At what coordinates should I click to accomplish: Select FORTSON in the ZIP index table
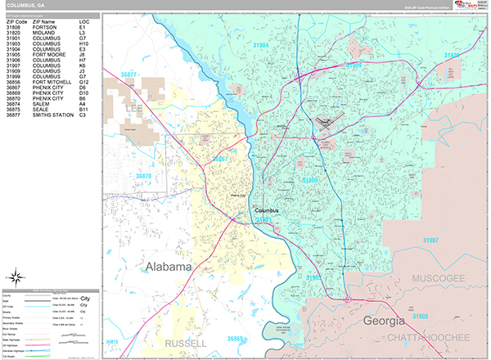pyautogui.click(x=45, y=27)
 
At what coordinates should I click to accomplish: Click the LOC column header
pyautogui.click(x=85, y=21)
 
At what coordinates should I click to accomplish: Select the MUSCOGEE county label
pyautogui.click(x=442, y=279)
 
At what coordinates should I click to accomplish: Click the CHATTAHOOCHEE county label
pyautogui.click(x=430, y=337)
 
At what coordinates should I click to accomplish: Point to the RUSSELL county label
pyautogui.click(x=186, y=343)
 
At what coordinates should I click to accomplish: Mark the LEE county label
pyautogui.click(x=133, y=107)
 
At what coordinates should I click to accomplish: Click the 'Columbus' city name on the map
pyautogui.click(x=266, y=210)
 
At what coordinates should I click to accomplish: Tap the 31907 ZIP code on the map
pyautogui.click(x=431, y=239)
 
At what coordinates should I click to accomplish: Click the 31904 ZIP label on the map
pyautogui.click(x=280, y=46)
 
